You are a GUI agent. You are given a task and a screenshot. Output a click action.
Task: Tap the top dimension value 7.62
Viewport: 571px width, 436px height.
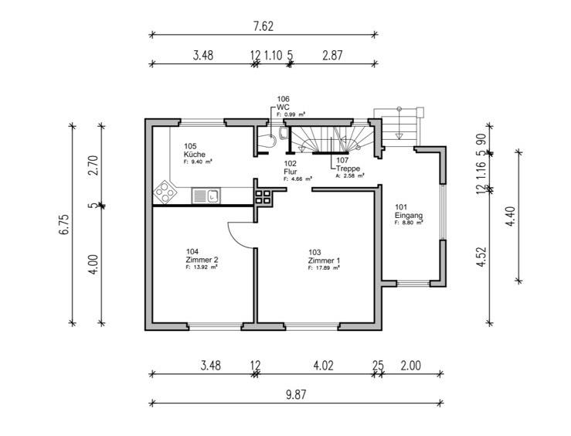tap(263, 26)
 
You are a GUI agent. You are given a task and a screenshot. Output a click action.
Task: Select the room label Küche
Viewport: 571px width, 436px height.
tap(195, 154)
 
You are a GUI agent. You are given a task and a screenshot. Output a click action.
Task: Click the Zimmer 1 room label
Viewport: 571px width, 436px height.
tap(323, 261)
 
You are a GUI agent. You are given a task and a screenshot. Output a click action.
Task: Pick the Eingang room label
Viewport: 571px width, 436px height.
tap(408, 214)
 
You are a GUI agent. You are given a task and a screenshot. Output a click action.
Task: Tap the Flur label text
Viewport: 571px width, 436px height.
tap(290, 171)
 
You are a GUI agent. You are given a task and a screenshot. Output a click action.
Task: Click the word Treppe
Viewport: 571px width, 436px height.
tap(348, 168)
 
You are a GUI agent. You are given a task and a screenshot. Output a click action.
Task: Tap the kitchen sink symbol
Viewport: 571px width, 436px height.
tap(206, 196)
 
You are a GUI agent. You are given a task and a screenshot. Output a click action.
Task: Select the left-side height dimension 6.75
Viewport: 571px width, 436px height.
tap(63, 231)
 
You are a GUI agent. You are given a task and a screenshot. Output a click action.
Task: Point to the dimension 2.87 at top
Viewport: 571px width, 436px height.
tap(333, 56)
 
